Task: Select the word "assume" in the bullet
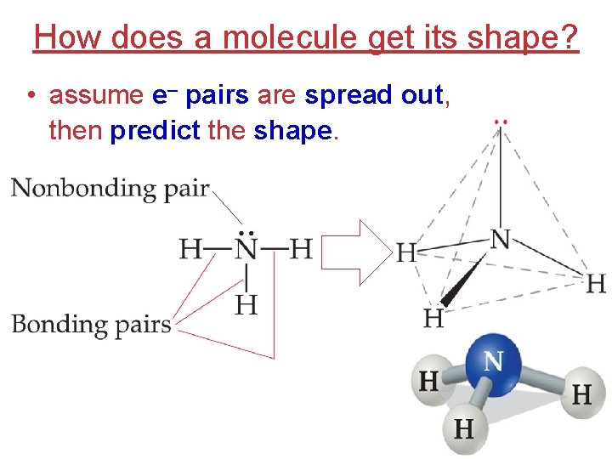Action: click(96, 95)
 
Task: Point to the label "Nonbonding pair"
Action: click(110, 188)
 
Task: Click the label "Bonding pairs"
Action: click(91, 324)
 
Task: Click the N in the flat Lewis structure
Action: click(246, 249)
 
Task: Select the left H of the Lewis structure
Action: click(190, 249)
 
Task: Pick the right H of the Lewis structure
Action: click(301, 249)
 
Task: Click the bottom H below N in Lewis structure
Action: click(246, 303)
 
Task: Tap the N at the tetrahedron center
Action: click(501, 239)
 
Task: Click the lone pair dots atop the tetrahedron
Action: click(501, 121)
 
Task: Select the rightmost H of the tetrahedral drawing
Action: click(596, 283)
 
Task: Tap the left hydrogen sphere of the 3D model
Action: click(429, 380)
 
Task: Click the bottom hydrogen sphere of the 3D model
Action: click(464, 428)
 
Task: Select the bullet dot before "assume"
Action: click(31, 96)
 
